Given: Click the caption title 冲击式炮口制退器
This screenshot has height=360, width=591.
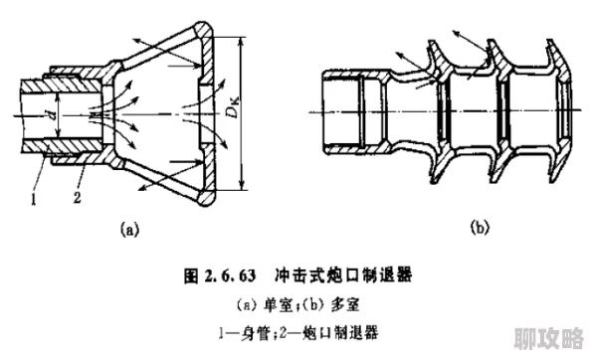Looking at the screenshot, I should coord(349,271).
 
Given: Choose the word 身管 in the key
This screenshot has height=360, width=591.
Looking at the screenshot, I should coord(261,332).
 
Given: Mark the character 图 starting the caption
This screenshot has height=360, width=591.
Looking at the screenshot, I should coord(191,271).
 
